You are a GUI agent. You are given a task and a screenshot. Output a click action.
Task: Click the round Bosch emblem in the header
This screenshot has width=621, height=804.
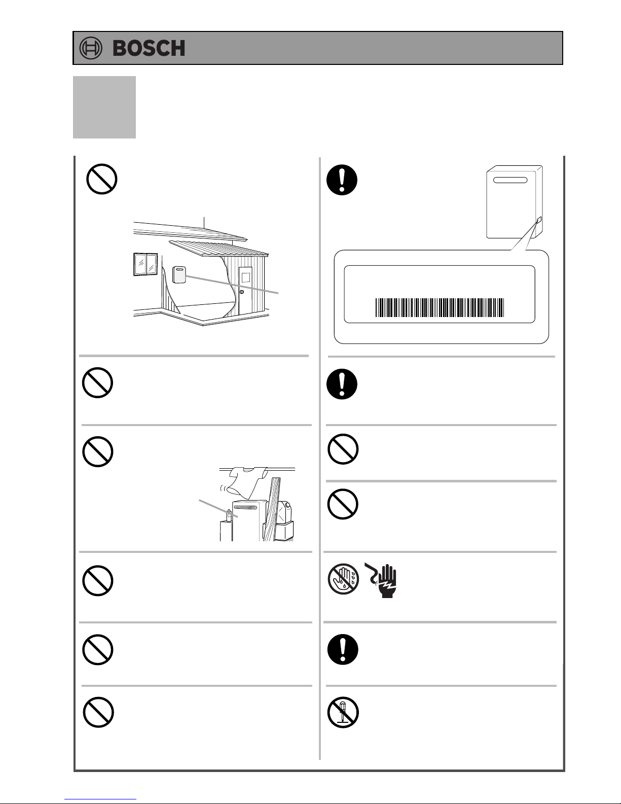point(91,48)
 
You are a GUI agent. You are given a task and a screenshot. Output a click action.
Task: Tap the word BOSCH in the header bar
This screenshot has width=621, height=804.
point(149,49)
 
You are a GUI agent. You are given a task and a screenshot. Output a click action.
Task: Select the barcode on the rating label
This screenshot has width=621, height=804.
point(440,307)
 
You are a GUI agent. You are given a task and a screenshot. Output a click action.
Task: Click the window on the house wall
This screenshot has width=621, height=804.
point(145,265)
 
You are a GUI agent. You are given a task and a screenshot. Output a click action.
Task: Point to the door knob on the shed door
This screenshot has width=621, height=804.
point(242,292)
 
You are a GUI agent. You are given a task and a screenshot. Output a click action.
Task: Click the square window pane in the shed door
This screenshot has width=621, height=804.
point(246,277)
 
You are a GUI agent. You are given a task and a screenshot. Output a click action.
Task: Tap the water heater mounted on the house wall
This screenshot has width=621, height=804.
point(179,275)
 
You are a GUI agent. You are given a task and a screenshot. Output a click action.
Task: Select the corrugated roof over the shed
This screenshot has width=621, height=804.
point(219,248)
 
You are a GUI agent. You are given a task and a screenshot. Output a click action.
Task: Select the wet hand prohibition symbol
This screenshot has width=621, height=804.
point(343,579)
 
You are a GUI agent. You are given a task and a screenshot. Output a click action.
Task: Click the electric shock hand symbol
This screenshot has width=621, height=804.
point(381,580)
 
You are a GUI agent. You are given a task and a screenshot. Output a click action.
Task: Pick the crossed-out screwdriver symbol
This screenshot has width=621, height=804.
point(343,712)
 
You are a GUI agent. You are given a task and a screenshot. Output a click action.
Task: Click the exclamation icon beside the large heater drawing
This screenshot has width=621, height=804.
point(342,180)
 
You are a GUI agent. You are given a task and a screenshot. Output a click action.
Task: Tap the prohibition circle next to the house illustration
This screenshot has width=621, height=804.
point(102,179)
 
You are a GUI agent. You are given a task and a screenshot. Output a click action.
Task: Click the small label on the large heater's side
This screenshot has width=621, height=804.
point(539,221)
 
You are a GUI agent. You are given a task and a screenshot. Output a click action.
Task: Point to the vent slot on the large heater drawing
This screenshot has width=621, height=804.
point(510,180)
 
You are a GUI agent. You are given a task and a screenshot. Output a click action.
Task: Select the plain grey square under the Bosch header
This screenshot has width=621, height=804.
point(104,108)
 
